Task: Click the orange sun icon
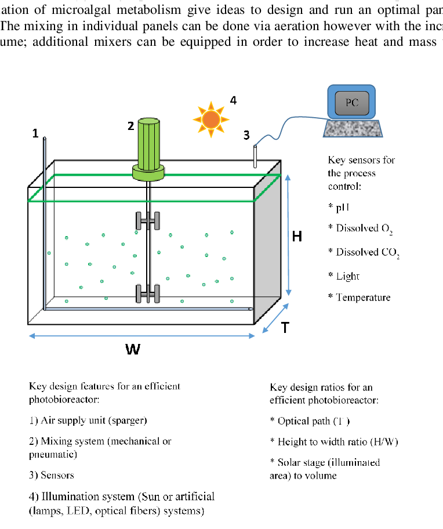pyautogui.click(x=210, y=119)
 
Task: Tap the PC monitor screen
pyautogui.click(x=351, y=103)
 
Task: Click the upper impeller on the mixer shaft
pyautogui.click(x=148, y=220)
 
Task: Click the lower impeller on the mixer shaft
pyautogui.click(x=148, y=294)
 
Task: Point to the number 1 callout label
pyautogui.click(x=35, y=133)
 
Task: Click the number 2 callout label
pyautogui.click(x=130, y=126)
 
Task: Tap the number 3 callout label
pyautogui.click(x=246, y=135)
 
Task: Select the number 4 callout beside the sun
pyautogui.click(x=233, y=100)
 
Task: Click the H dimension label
pyautogui.click(x=297, y=236)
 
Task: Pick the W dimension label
pyautogui.click(x=133, y=350)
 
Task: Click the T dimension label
pyautogui.click(x=285, y=328)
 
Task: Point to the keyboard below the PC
pyautogui.click(x=352, y=128)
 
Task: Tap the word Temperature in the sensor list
pyautogui.click(x=364, y=298)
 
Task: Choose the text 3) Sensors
pyautogui.click(x=52, y=475)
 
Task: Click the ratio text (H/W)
pyautogui.click(x=381, y=442)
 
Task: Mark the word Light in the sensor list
pyautogui.click(x=348, y=276)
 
